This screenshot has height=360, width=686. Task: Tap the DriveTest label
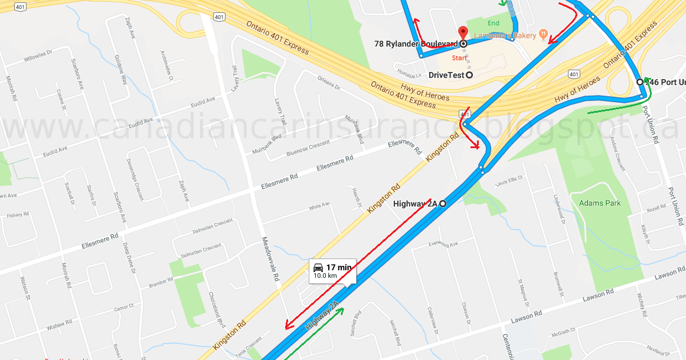pyautogui.click(x=446, y=75)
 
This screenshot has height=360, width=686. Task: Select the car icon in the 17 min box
pyautogui.click(x=318, y=267)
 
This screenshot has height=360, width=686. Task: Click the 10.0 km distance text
pyautogui.click(x=325, y=276)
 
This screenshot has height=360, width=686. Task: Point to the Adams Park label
pyautogui.click(x=600, y=203)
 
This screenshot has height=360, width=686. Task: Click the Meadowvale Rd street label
pyautogui.click(x=270, y=263)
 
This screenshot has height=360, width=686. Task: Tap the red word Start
pyautogui.click(x=459, y=58)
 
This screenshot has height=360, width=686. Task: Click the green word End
pyautogui.click(x=494, y=23)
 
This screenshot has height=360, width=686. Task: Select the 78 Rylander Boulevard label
pyautogui.click(x=416, y=44)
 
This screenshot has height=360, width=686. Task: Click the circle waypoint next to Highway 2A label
pyautogui.click(x=442, y=204)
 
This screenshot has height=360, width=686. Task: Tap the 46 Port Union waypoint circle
pyautogui.click(x=640, y=81)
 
